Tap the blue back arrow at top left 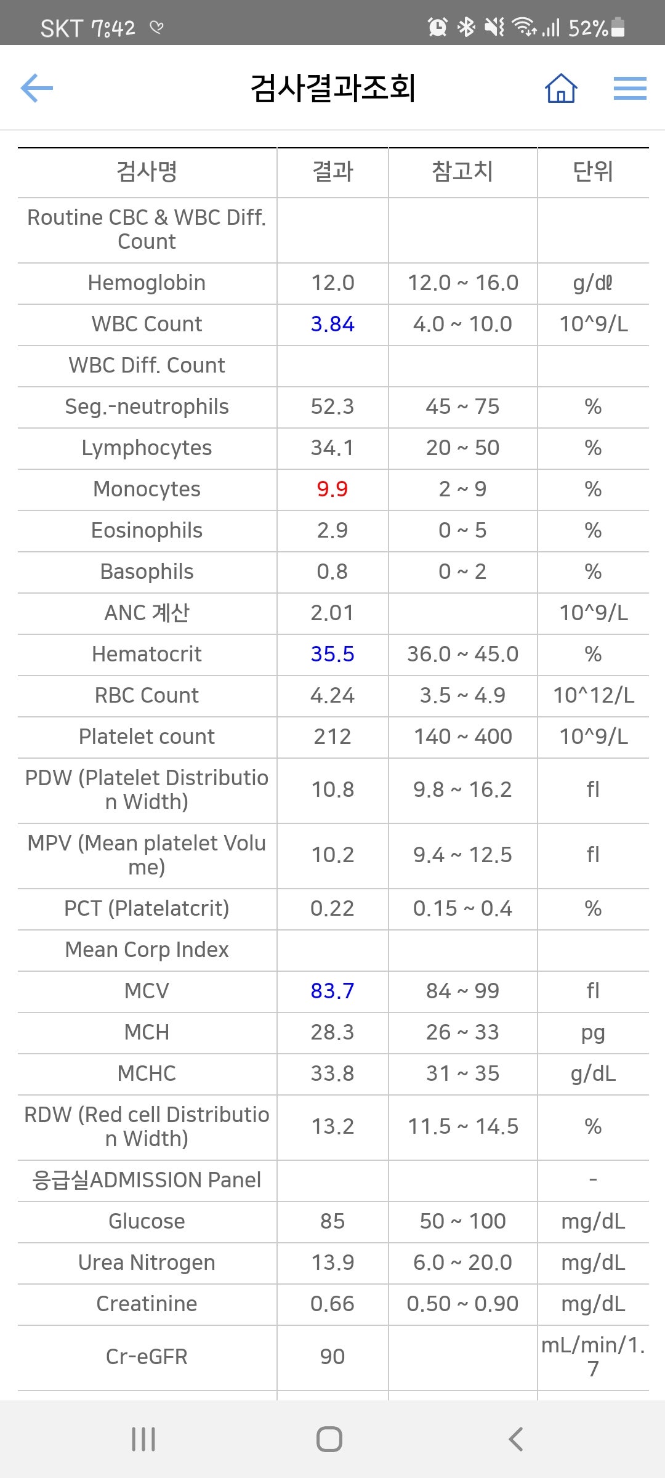tap(37, 88)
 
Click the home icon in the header tap(561, 88)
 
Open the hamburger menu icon tap(630, 88)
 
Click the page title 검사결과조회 tap(333, 87)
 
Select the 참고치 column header tap(463, 171)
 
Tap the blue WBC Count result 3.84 tap(332, 324)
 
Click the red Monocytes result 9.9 tap(332, 489)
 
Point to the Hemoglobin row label tap(147, 283)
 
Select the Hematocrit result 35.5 tap(332, 654)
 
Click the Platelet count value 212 tap(332, 737)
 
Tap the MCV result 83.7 tap(332, 991)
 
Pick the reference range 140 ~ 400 tap(463, 737)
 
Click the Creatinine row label tap(147, 1304)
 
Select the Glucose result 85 tap(332, 1221)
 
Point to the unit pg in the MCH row tap(593, 1033)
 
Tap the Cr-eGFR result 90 tap(332, 1357)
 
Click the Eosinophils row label tap(147, 530)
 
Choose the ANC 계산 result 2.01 tap(332, 613)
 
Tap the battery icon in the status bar tap(618, 27)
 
